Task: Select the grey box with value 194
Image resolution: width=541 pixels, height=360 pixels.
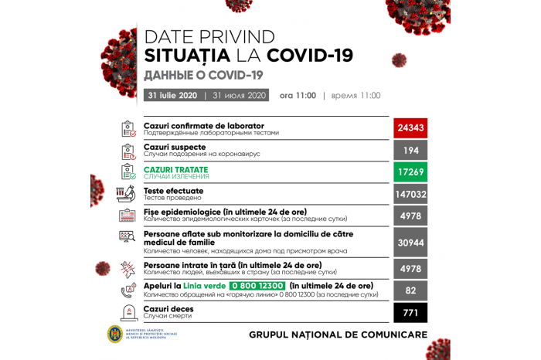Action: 410,150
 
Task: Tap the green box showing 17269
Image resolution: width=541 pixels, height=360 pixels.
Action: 410,172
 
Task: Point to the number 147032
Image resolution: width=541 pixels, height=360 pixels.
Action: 410,194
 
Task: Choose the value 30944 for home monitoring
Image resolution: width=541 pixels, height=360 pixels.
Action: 410,242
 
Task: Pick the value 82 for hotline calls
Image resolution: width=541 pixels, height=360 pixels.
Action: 410,289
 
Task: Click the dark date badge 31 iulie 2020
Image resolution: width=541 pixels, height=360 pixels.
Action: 172,96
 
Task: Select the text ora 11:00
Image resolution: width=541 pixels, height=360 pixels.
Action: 298,96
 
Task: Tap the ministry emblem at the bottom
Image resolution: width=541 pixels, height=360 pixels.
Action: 115,335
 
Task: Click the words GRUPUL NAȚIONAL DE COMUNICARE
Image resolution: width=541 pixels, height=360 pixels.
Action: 338,335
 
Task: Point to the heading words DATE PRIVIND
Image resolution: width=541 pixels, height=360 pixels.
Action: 209,36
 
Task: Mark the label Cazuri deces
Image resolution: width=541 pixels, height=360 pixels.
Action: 168,308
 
